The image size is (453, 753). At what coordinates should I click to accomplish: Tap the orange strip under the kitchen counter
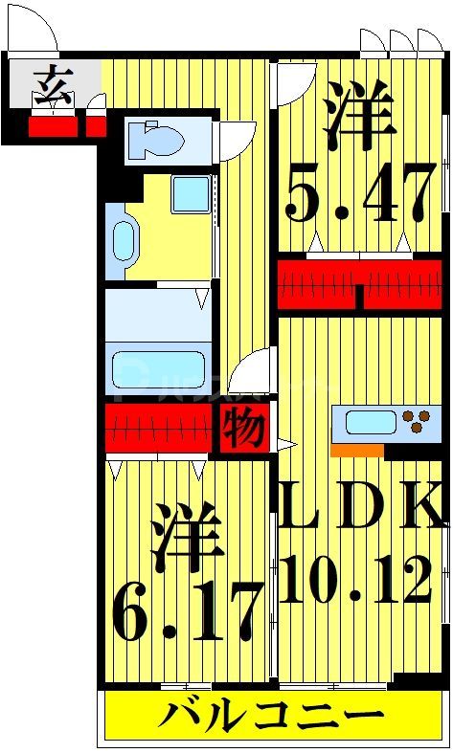[x=356, y=450]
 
